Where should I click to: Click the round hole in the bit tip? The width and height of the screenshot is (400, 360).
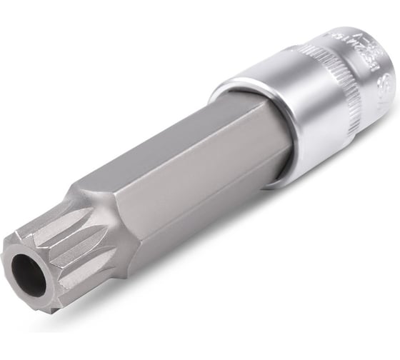tap(28, 275)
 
